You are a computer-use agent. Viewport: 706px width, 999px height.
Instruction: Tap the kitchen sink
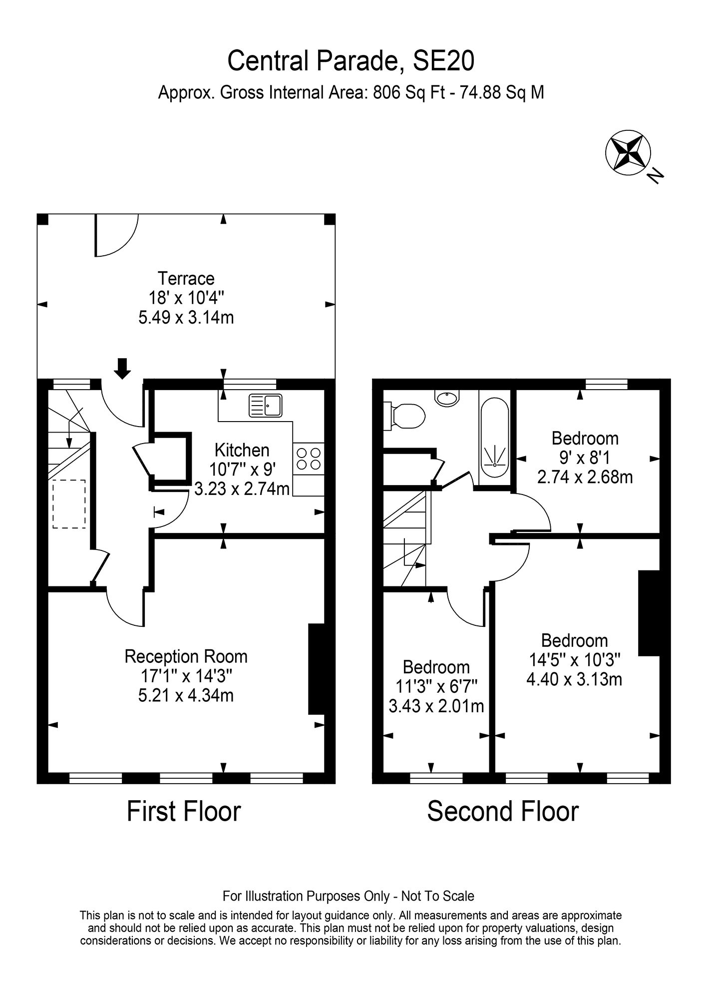click(266, 405)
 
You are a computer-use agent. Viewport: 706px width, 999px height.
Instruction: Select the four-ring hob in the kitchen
click(309, 459)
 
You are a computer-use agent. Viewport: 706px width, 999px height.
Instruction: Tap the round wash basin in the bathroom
click(447, 398)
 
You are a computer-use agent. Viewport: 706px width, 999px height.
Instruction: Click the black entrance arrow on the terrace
click(122, 368)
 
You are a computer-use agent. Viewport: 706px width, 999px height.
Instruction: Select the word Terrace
click(186, 278)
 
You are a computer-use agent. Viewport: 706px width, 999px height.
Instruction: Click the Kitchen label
click(242, 450)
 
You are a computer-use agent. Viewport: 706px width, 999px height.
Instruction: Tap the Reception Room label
click(186, 656)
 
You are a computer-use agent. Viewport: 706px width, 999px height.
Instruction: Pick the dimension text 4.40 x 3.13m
click(574, 679)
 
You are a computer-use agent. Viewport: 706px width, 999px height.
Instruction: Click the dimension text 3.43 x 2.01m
click(436, 706)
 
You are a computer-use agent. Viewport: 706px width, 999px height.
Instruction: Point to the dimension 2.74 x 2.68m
click(585, 477)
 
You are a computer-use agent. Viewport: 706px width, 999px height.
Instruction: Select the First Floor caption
click(184, 811)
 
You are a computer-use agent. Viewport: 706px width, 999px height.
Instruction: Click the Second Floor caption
click(503, 811)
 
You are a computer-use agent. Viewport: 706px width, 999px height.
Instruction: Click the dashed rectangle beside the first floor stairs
click(69, 504)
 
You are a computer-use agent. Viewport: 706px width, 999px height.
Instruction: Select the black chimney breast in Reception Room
click(317, 669)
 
